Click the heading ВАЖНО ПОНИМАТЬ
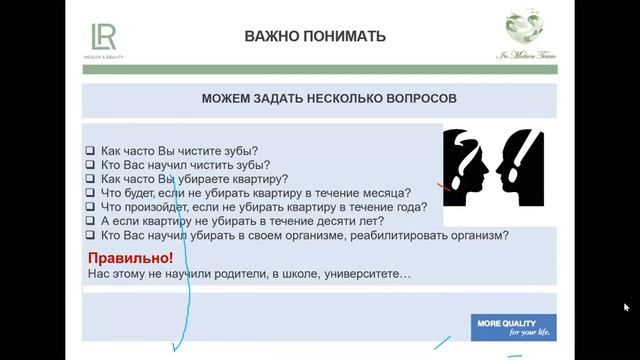[315, 37]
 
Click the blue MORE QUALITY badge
[514, 328]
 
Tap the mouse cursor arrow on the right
[626, 307]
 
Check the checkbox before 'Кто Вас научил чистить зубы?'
[90, 165]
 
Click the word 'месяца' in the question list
[386, 193]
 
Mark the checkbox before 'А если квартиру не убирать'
[90, 221]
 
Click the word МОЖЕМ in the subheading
[228, 100]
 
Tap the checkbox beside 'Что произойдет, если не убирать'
[90, 207]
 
